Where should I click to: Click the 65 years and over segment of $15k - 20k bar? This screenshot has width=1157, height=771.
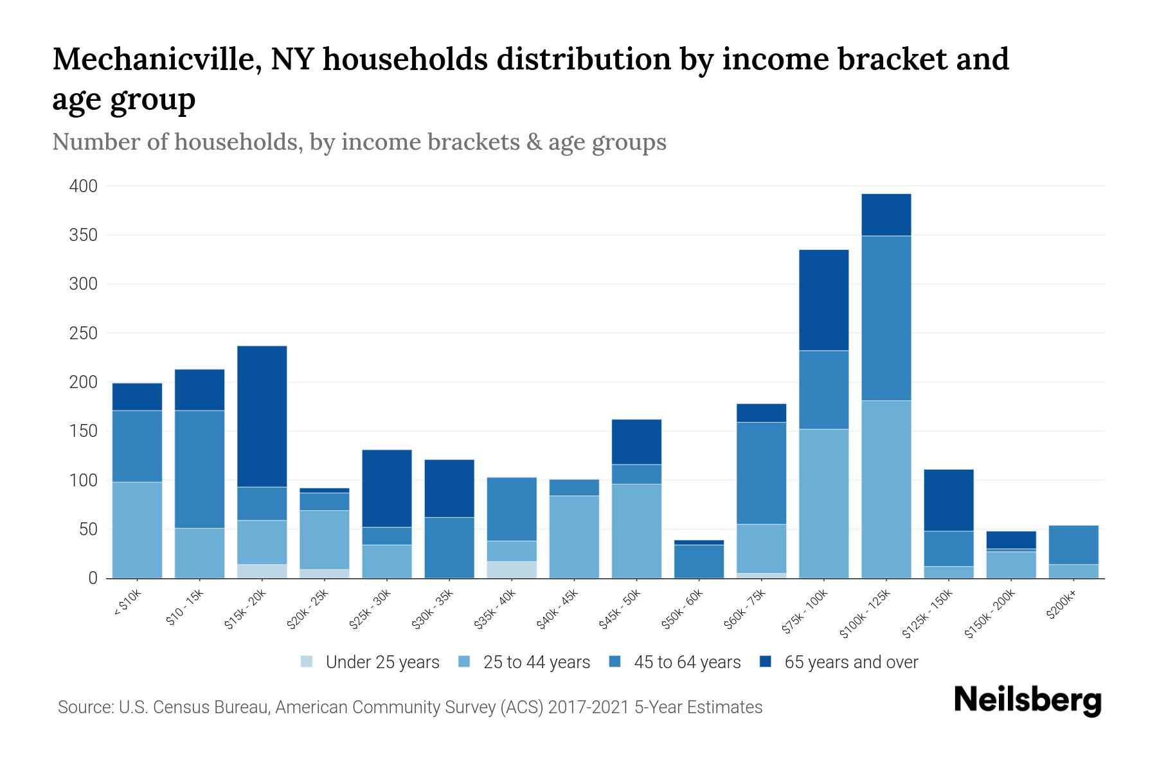coord(262,416)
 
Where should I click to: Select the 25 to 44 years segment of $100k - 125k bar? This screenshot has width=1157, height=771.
coord(886,490)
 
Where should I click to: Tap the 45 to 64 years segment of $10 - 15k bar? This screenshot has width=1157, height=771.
coord(200,469)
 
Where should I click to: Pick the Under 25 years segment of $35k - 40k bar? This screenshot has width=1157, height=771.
coord(512,570)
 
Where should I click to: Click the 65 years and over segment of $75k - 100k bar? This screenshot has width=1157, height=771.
coord(823,300)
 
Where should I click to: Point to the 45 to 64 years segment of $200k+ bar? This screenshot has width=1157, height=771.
coord(1073,545)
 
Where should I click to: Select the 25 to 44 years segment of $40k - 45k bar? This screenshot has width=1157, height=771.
coord(574,536)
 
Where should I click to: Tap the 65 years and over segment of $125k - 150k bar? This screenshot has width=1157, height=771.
coord(949,500)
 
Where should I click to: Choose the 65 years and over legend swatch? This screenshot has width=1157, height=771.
coord(766,662)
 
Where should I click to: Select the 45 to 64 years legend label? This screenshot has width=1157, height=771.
coord(687,662)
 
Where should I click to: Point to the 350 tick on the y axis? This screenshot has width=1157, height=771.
coord(84,235)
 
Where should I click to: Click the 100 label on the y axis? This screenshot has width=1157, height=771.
coord(84,481)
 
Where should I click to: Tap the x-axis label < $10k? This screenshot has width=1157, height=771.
coord(127,603)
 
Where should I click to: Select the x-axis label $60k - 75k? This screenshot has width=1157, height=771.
coord(746,610)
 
